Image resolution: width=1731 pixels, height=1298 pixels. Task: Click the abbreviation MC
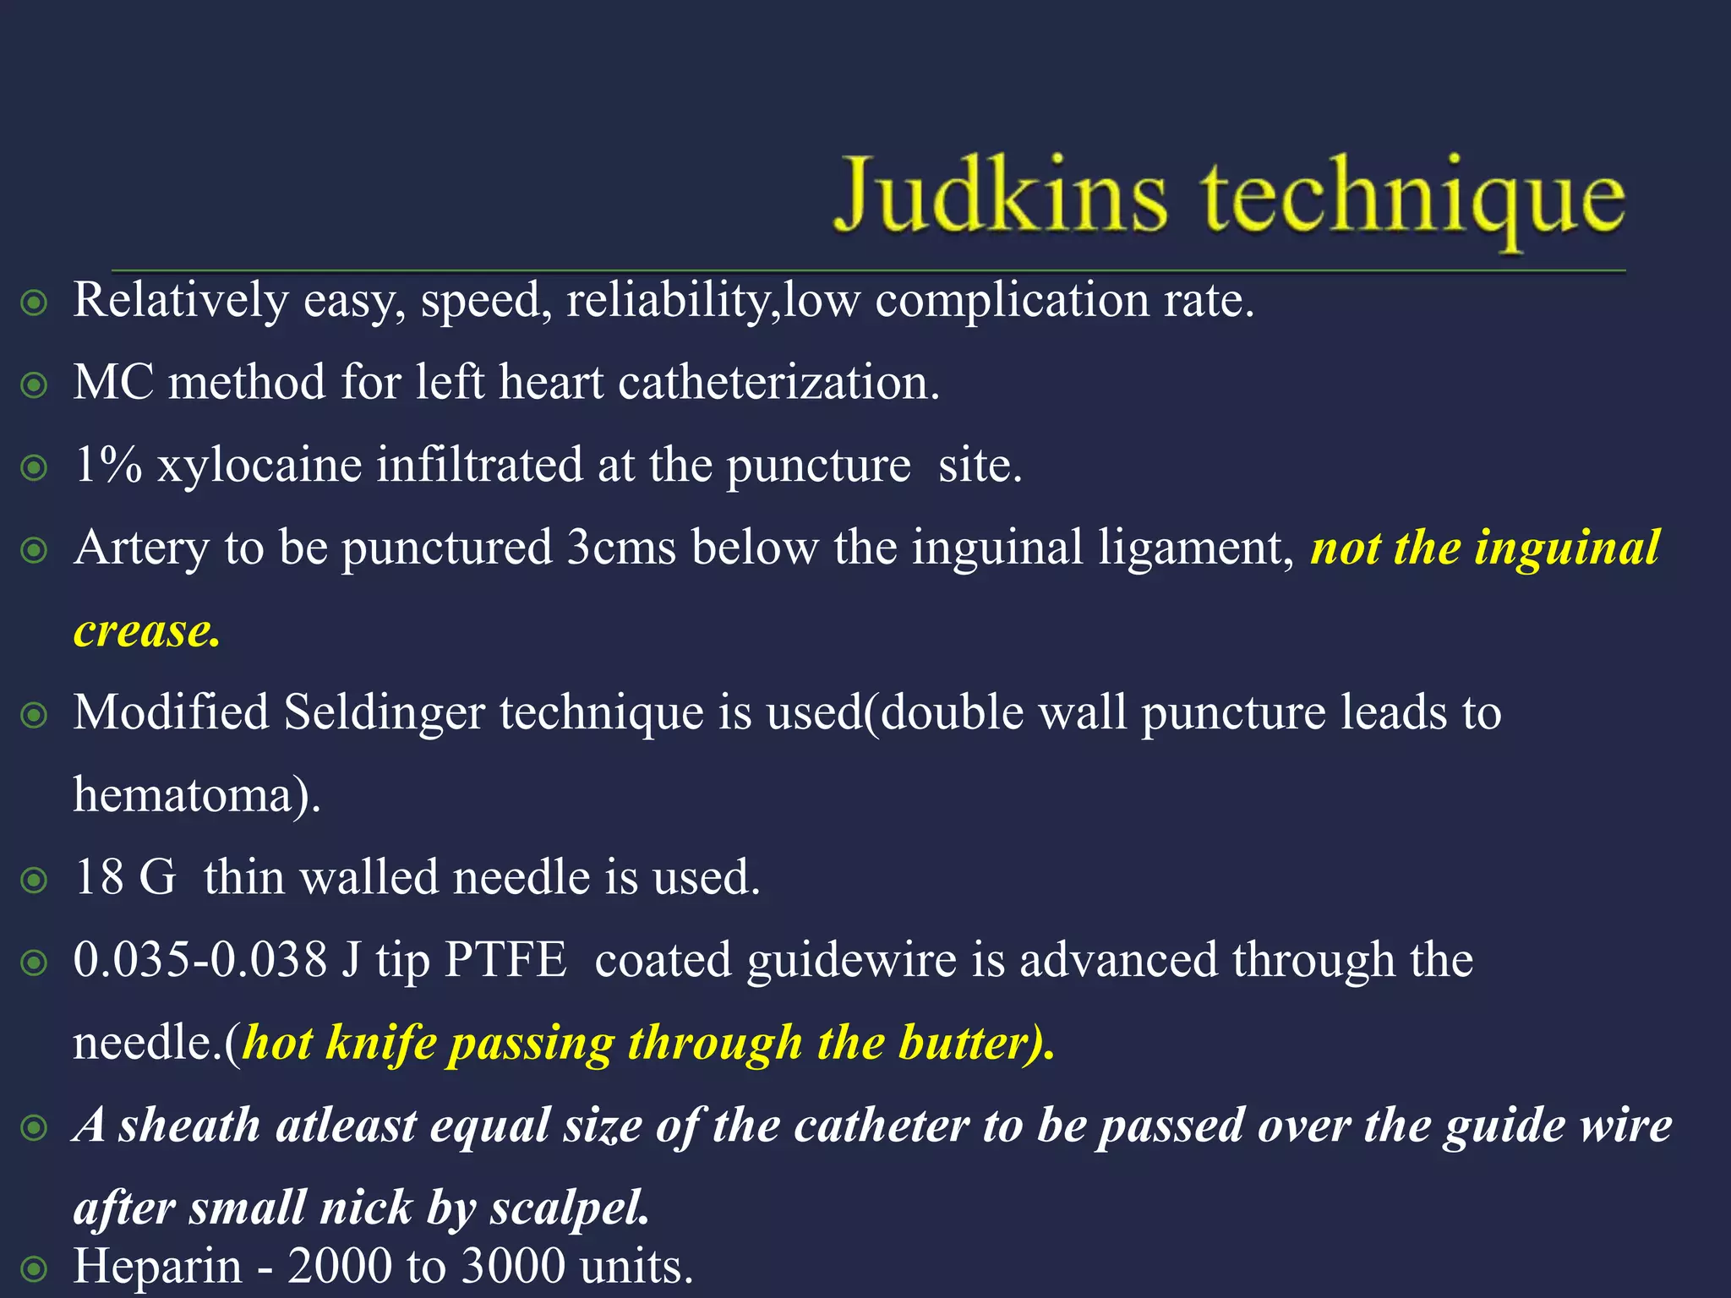[x=113, y=383]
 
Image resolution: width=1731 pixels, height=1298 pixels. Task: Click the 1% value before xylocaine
[x=107, y=465]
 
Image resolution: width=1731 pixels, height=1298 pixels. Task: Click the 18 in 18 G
[x=98, y=877]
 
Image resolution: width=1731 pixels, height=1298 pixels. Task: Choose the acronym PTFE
[x=505, y=960]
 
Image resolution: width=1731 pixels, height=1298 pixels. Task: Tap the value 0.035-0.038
[x=199, y=960]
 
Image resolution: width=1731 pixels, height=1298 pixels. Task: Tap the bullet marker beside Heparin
[x=34, y=1268]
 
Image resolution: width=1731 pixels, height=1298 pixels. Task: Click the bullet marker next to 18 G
[x=34, y=881]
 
